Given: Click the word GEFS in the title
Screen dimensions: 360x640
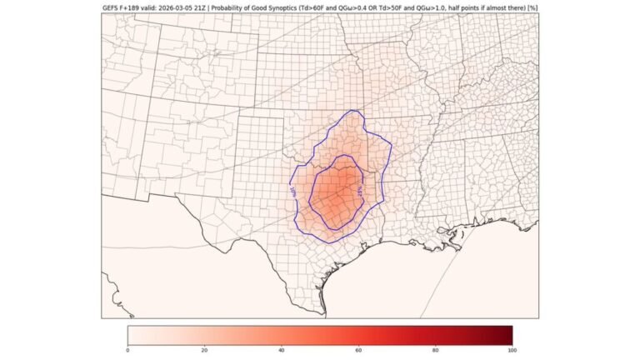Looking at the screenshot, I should pyautogui.click(x=111, y=9).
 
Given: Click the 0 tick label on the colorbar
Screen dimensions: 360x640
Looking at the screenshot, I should pyautogui.click(x=127, y=351).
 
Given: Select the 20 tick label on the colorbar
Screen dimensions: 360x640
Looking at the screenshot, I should pyautogui.click(x=204, y=351).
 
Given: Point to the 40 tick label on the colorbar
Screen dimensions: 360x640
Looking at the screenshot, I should pyautogui.click(x=282, y=351).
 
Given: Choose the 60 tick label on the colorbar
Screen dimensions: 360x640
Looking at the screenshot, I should pyautogui.click(x=358, y=351).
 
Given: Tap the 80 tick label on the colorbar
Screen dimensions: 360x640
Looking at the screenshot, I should pyautogui.click(x=436, y=351).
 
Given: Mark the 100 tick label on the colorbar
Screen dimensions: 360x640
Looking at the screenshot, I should pyautogui.click(x=512, y=351).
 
